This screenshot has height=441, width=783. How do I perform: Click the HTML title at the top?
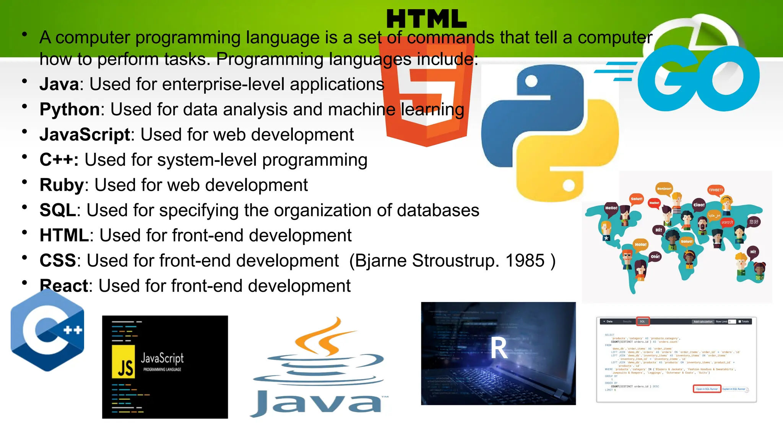coord(426,19)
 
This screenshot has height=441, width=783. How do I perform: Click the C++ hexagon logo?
coord(47,330)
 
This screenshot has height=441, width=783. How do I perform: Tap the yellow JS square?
coord(123,362)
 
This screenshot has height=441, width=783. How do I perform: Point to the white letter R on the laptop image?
coord(499,348)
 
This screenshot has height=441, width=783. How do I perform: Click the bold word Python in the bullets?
coord(70,109)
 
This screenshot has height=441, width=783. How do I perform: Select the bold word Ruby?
coord(62,185)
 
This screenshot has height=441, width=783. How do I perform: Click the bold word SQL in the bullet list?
coord(58,211)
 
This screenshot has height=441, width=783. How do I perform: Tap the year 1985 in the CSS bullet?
coord(525,261)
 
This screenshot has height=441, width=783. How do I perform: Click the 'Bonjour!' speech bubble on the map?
coord(664,189)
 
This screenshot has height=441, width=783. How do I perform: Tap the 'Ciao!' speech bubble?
coord(699,205)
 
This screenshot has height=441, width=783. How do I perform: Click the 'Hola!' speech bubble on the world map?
coord(640,244)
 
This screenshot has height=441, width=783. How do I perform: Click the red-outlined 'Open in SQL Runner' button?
coord(707,389)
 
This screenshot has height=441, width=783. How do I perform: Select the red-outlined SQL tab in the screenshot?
coord(643,322)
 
